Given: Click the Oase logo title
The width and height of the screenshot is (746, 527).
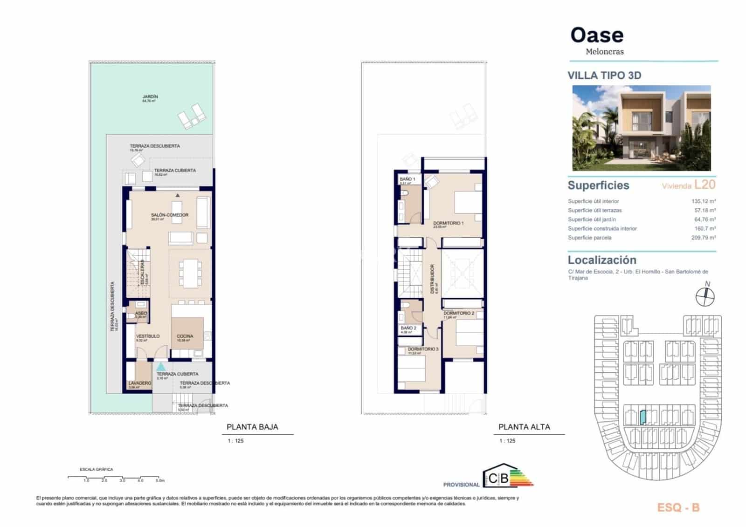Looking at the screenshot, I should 597,35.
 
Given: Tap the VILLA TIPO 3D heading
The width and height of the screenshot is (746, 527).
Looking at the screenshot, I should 604,75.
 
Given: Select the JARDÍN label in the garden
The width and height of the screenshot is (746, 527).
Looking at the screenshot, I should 150,97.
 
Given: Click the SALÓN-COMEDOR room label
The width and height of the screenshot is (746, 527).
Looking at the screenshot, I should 170,215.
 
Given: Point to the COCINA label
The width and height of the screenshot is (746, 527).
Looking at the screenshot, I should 185,336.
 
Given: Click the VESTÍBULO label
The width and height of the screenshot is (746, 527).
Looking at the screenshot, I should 148,336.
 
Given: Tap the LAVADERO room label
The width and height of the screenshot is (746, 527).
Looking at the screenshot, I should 140,383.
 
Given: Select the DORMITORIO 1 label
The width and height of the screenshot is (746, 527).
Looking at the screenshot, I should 448,223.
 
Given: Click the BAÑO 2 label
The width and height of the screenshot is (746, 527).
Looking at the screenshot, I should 408,328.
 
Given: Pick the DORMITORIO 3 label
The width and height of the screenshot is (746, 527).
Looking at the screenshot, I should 423,349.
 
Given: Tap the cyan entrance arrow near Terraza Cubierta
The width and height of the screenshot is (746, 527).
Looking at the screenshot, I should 160,367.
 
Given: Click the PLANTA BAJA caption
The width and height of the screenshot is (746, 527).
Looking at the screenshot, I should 252,427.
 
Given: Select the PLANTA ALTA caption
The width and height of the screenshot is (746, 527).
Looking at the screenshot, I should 524,427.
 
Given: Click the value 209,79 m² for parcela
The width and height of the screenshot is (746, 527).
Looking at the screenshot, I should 703,238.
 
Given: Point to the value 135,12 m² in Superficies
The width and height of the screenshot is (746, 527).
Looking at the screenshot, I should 703,201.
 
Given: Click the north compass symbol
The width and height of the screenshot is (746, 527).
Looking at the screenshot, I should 705,296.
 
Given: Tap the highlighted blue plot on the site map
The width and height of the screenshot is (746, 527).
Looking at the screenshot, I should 642,417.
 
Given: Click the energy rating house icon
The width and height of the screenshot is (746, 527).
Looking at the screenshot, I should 498,476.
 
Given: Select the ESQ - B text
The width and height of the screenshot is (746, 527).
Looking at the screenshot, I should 678,508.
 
